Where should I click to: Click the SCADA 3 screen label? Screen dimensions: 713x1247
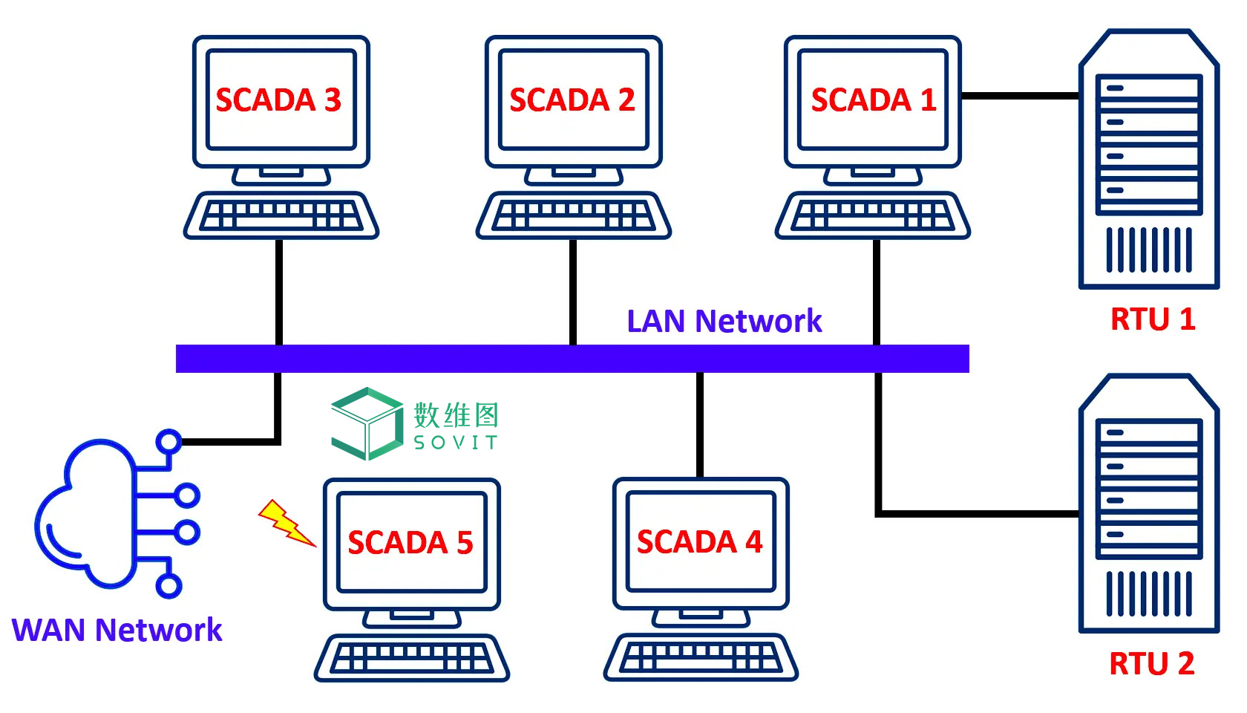pyautogui.click(x=278, y=100)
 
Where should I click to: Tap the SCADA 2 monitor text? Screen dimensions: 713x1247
pyautogui.click(x=572, y=100)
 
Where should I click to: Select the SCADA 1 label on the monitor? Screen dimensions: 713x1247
pyautogui.click(x=873, y=100)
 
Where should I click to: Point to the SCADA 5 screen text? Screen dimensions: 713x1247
pyautogui.click(x=410, y=542)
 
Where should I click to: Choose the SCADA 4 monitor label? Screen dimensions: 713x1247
pyautogui.click(x=699, y=541)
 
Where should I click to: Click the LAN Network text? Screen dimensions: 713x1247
pyautogui.click(x=724, y=321)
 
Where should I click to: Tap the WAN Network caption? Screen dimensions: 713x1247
pyautogui.click(x=117, y=630)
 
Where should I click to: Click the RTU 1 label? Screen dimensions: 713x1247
pyautogui.click(x=1152, y=319)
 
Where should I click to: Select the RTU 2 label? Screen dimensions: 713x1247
pyautogui.click(x=1151, y=663)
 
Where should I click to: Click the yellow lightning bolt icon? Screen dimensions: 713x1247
pyautogui.click(x=285, y=522)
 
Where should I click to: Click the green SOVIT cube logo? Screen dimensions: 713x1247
pyautogui.click(x=367, y=423)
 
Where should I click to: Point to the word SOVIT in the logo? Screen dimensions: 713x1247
pyautogui.click(x=455, y=443)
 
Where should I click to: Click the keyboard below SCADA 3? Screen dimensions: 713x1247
pyautogui.click(x=281, y=216)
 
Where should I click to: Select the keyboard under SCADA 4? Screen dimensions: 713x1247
pyautogui.click(x=701, y=657)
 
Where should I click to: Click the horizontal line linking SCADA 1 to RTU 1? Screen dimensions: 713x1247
pyautogui.click(x=1020, y=96)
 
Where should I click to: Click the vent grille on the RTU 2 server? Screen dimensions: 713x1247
pyautogui.click(x=1148, y=594)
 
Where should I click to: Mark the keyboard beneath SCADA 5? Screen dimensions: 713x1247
pyautogui.click(x=411, y=658)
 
